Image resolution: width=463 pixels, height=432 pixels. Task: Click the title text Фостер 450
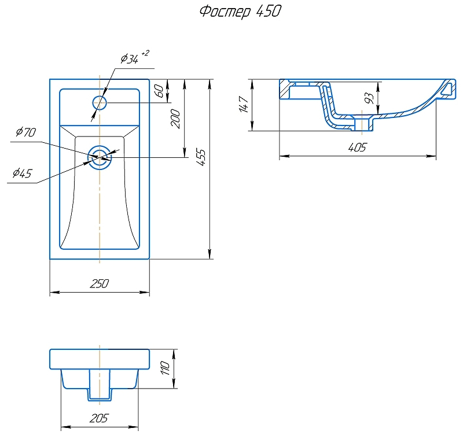(240, 12)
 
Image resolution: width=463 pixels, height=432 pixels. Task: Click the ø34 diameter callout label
(129, 58)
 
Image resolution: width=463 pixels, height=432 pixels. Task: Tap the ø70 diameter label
(26, 132)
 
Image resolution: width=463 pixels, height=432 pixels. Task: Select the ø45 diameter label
(21, 173)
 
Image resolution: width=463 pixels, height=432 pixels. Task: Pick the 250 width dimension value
(100, 283)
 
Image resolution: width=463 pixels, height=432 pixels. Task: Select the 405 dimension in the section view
(357, 147)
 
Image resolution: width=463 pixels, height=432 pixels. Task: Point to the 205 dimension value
(100, 418)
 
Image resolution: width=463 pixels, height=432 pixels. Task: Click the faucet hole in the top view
(100, 103)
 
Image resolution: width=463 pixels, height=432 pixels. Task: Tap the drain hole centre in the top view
(100, 156)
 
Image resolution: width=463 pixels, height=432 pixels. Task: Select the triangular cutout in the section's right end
(447, 88)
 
